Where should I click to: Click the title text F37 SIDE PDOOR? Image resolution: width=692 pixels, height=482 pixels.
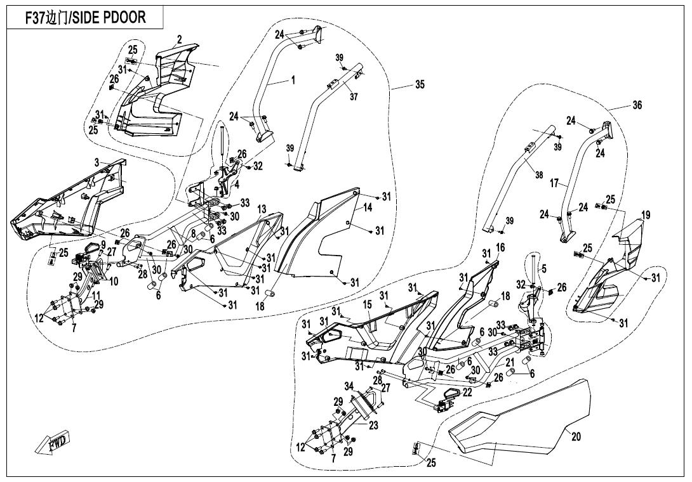pyautogui.click(x=85, y=18)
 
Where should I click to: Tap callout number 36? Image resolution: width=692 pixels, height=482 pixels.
pyautogui.click(x=637, y=105)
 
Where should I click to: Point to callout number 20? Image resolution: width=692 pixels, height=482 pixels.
pyautogui.click(x=576, y=436)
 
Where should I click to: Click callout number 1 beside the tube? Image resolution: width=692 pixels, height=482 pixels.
pyautogui.click(x=293, y=80)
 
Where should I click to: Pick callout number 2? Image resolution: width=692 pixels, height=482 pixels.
pyautogui.click(x=180, y=39)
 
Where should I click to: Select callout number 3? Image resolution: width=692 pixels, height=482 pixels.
pyautogui.click(x=96, y=162)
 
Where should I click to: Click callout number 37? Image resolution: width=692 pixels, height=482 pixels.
pyautogui.click(x=354, y=96)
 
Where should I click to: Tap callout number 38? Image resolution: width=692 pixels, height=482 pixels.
pyautogui.click(x=538, y=176)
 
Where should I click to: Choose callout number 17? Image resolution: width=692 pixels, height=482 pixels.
pyautogui.click(x=554, y=183)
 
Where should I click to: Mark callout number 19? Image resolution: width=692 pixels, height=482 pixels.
pyautogui.click(x=646, y=216)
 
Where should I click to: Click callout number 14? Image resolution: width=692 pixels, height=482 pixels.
pyautogui.click(x=368, y=208)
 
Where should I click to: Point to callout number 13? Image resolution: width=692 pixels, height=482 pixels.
pyautogui.click(x=262, y=209)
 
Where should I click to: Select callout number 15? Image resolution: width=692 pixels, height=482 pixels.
pyautogui.click(x=367, y=305)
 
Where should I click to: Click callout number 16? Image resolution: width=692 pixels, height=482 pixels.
pyautogui.click(x=500, y=247)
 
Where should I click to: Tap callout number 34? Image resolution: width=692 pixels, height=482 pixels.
pyautogui.click(x=349, y=386)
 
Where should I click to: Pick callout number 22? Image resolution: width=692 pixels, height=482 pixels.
pyautogui.click(x=467, y=393)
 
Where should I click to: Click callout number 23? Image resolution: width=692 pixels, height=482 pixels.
pyautogui.click(x=373, y=426)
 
